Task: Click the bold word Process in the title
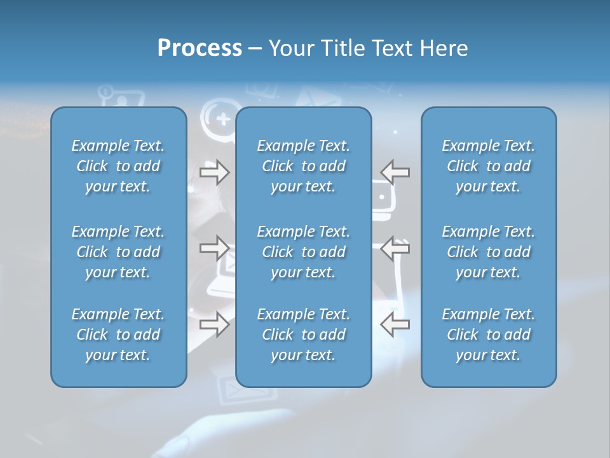(x=200, y=48)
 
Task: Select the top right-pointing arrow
(x=215, y=172)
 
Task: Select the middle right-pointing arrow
(x=215, y=247)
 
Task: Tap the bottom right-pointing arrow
(x=215, y=324)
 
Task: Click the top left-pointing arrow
(x=395, y=172)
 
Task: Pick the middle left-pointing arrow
(x=395, y=247)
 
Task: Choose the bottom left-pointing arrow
(x=395, y=324)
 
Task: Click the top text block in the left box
(x=118, y=166)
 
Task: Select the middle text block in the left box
(x=118, y=252)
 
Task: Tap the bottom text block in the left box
(x=118, y=335)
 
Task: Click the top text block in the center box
(x=303, y=166)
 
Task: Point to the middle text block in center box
(x=303, y=252)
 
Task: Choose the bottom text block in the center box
(x=303, y=335)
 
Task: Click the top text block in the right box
(x=488, y=166)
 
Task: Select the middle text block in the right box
(x=488, y=252)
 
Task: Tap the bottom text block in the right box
(x=488, y=335)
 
